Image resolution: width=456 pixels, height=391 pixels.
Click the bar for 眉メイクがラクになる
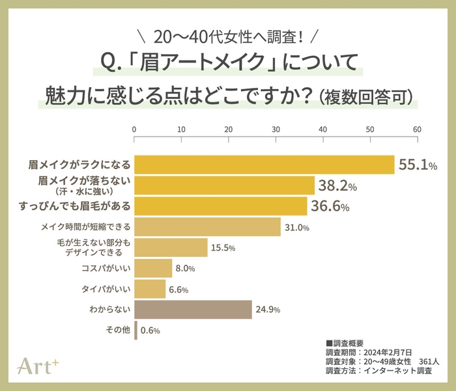pos(264,165)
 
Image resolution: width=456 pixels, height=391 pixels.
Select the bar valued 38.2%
pos(224,186)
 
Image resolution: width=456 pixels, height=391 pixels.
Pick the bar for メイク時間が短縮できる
pos(207,227)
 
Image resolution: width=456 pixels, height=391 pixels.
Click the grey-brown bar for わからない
pos(193,309)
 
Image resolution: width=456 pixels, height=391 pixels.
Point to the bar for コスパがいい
pos(153,268)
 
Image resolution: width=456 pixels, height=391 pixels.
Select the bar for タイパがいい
pos(150,289)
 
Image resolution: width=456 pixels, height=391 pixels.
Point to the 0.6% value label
pos(149,330)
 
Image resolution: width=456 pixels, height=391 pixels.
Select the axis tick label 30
pos(276,129)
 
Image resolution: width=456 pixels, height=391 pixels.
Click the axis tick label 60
pos(417,129)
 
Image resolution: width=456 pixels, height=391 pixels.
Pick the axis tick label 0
pos(134,129)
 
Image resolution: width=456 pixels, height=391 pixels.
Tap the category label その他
pos(117,330)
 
